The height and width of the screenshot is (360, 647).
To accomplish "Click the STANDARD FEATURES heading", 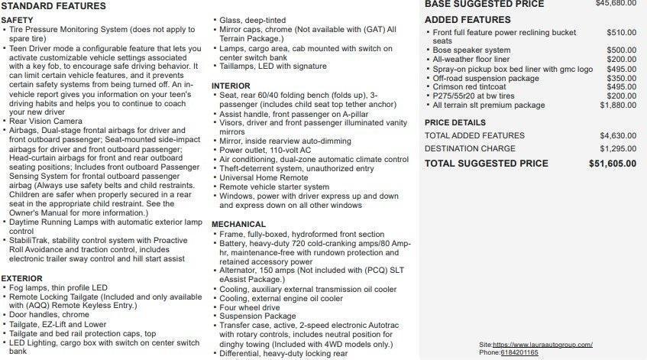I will click(x=53, y=6).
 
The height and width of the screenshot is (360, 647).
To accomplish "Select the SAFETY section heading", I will click(x=17, y=19).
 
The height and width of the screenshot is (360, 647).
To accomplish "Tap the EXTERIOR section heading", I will click(x=21, y=278).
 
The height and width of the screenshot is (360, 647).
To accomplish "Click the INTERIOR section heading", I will click(x=231, y=86).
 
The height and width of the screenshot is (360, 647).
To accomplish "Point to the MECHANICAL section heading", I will click(x=238, y=225).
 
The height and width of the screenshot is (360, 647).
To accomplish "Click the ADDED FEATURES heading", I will click(x=467, y=20).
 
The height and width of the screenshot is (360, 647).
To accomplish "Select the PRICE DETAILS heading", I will click(x=455, y=122).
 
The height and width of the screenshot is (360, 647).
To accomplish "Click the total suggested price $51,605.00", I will click(x=612, y=164).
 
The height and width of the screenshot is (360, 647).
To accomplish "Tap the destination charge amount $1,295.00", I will click(x=618, y=148).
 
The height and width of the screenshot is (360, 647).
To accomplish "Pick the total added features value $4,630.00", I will click(x=618, y=135).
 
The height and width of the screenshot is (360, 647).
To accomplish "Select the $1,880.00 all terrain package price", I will click(x=618, y=105).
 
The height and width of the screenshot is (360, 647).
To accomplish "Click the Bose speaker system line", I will click(x=471, y=50).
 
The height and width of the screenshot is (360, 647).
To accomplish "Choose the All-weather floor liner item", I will click(x=471, y=60).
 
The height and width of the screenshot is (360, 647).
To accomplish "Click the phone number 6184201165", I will click(x=519, y=352).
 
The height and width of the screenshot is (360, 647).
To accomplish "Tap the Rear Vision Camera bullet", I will click(x=46, y=121).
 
